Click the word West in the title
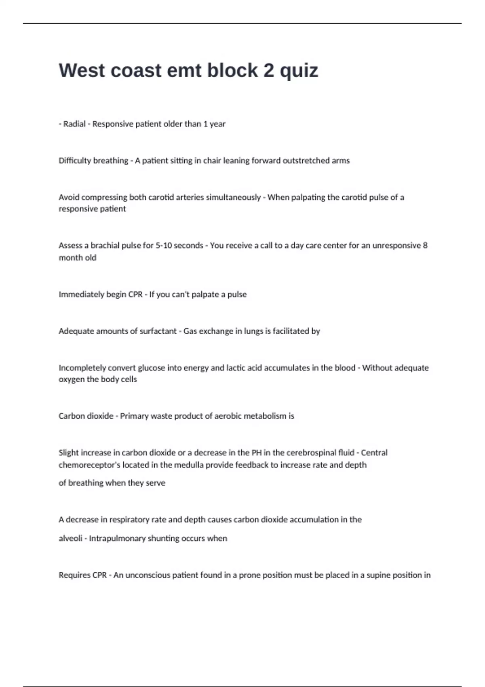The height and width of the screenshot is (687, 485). (82, 70)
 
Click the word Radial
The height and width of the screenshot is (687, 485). (74, 124)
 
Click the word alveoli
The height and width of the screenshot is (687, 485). (70, 539)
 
